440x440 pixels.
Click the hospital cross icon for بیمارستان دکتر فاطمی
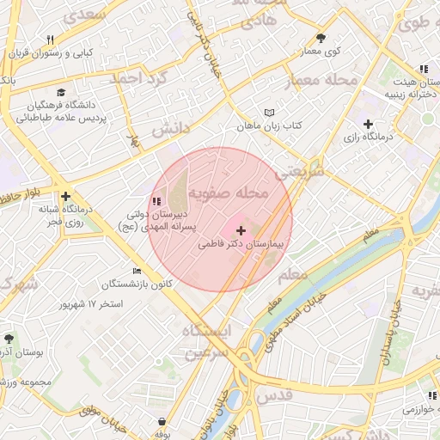coord(240,230)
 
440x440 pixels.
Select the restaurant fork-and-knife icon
coord(51,40)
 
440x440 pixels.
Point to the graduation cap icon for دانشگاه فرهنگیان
coord(61,92)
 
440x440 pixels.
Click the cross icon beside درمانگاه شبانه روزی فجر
coord(65,196)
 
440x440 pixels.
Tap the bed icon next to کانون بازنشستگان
coord(137,271)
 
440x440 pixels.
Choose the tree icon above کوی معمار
coord(321,38)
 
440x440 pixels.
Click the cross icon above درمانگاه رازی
coord(370,124)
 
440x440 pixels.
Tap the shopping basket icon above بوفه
coord(163,421)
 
